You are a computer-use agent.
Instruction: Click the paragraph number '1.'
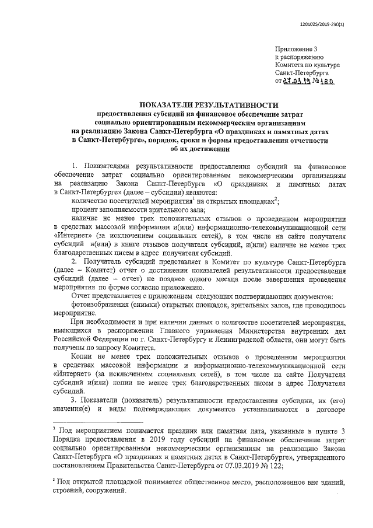[x=74, y=167]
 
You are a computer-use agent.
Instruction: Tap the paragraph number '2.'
[x=75, y=262]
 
